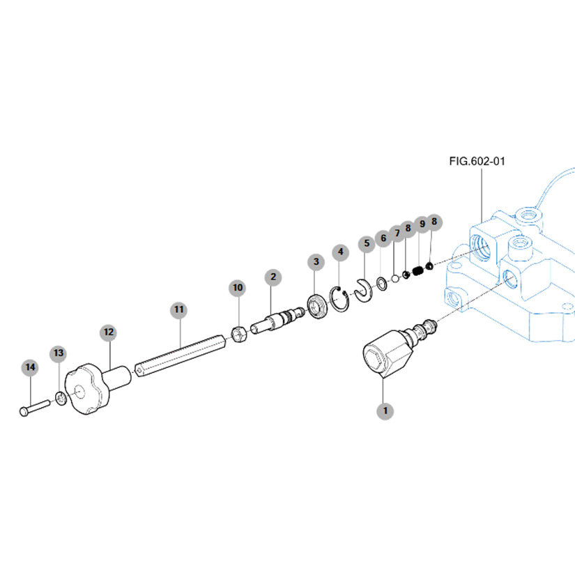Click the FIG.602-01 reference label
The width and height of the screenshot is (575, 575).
click(477, 161)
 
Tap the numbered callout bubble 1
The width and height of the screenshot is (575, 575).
click(383, 411)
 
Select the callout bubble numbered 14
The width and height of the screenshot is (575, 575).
click(30, 367)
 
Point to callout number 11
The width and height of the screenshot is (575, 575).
click(179, 308)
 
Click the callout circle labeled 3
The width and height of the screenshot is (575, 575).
click(316, 261)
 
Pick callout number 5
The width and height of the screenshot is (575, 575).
click(366, 244)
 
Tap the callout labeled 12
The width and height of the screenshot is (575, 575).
click(108, 332)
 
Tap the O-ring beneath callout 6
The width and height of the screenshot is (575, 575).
click(382, 283)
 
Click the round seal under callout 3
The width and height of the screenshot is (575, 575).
click(318, 305)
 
